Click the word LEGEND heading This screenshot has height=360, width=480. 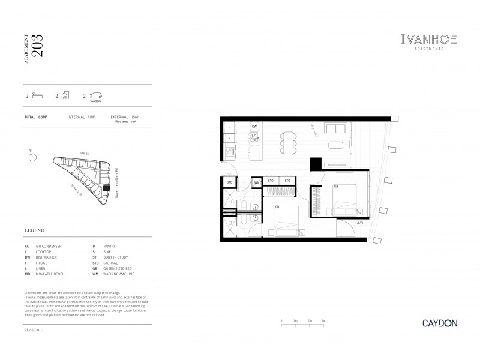pos(35,230)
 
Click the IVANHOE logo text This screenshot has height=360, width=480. pos(428,40)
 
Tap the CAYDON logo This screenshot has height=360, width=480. pos(439,323)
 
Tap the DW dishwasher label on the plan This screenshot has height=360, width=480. pos(254,127)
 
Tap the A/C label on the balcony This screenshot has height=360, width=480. pos(360,224)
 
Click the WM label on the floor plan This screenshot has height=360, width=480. pos(256,181)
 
